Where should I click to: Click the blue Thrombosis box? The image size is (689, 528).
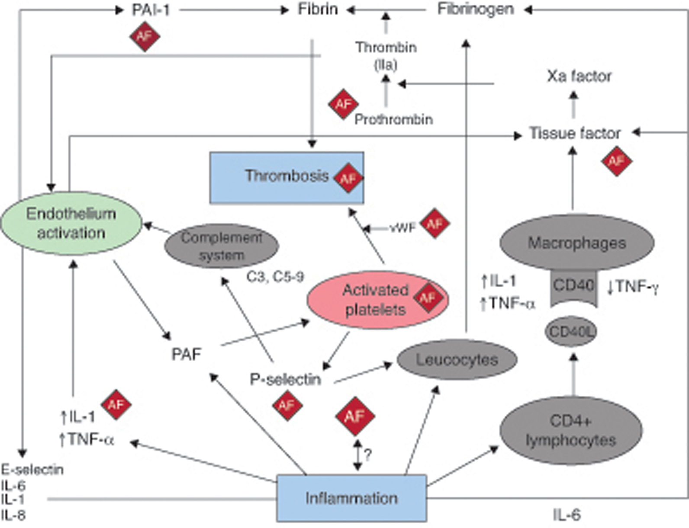277,177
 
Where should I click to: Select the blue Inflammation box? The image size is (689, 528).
351,498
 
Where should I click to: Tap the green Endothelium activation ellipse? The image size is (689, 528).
71,223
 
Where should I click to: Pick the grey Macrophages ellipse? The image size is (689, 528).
576,243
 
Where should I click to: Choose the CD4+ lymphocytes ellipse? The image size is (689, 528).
570,430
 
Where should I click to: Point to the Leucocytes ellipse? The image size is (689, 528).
457,359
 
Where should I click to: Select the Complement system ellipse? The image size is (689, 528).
222,246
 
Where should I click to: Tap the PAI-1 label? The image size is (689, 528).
151,10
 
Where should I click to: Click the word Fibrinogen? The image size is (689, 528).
475,9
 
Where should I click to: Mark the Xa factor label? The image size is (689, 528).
579,77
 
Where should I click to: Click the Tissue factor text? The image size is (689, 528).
575,133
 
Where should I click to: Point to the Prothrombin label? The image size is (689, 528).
393,119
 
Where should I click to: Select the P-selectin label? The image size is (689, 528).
285,379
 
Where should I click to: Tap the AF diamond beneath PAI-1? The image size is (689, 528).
145,36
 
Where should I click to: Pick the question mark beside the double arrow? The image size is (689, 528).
368,454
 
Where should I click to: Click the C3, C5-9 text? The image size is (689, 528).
275,276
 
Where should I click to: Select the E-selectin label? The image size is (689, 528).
32,470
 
